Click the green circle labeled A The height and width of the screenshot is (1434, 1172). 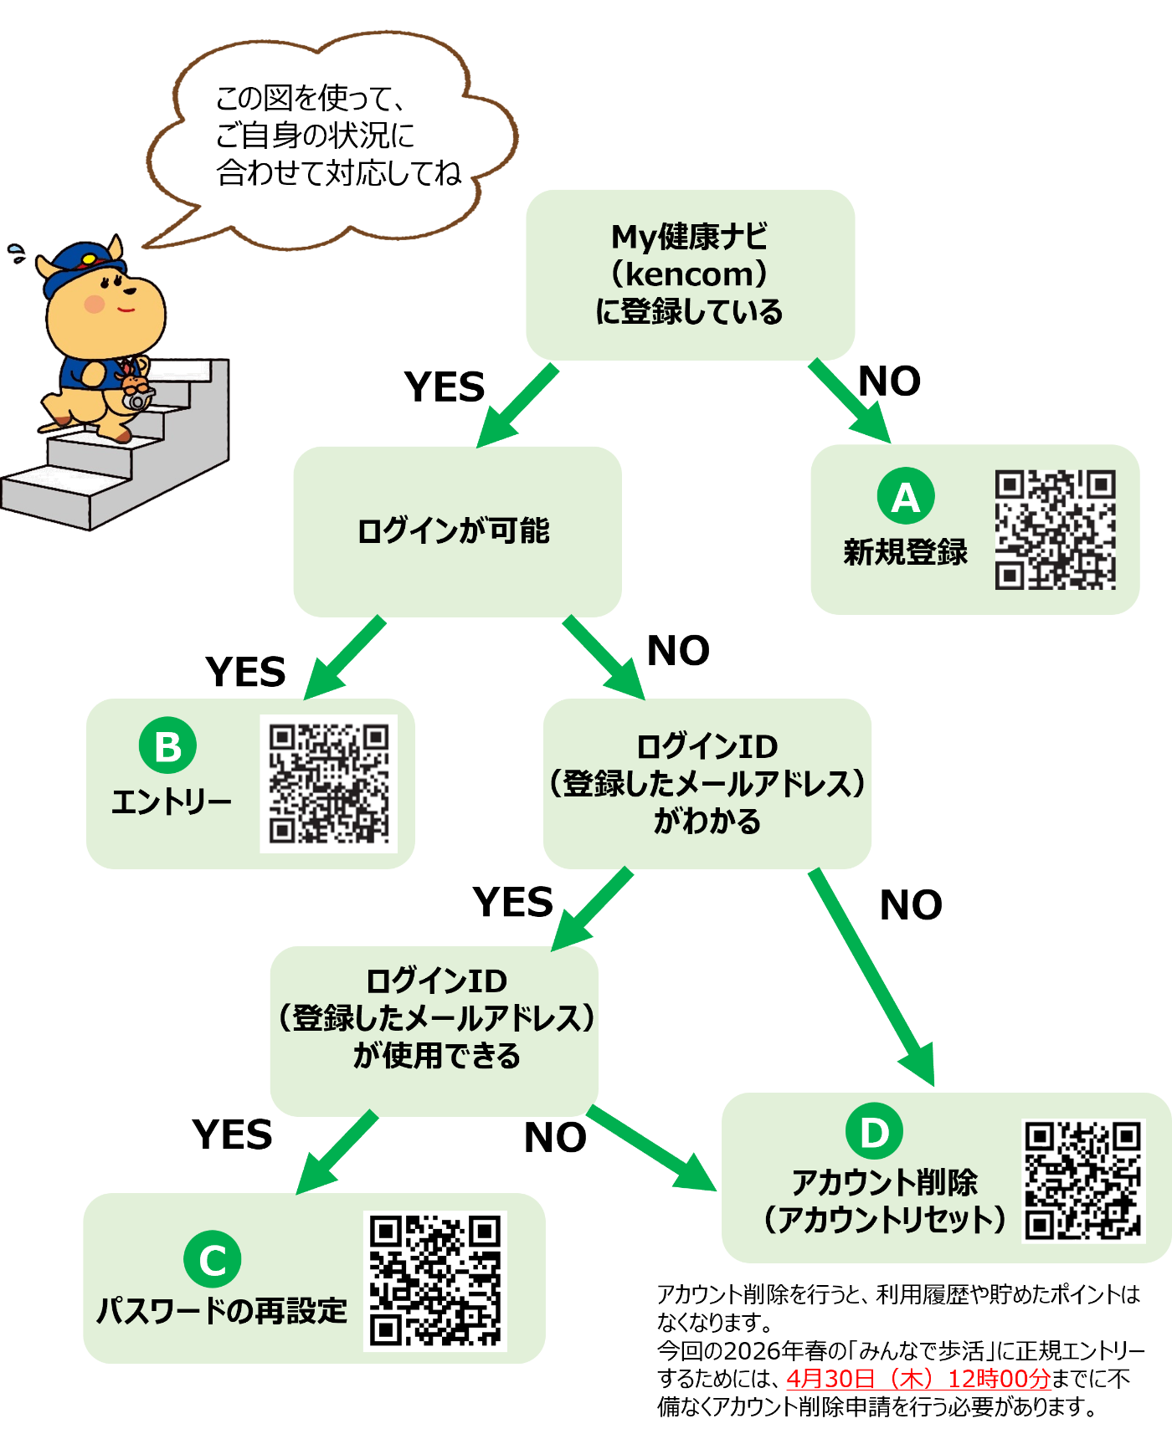(906, 496)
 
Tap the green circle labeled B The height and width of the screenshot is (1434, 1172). (167, 745)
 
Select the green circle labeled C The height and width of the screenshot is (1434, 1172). (213, 1259)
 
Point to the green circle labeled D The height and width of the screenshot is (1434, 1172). (874, 1132)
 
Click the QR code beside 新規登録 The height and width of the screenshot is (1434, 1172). (1055, 530)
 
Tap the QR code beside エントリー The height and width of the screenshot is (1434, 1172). (328, 783)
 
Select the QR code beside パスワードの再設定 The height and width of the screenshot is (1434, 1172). (435, 1280)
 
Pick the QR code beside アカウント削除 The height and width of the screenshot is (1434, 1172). (1083, 1180)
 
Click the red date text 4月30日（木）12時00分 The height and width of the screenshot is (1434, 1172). (918, 1378)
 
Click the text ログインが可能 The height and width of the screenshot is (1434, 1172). (454, 531)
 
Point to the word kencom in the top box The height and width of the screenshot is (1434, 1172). (691, 274)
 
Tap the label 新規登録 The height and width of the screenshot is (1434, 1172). (905, 552)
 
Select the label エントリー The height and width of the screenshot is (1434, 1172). (172, 802)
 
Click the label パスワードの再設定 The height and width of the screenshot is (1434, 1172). (222, 1310)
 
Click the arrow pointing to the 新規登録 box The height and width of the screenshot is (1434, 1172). (850, 402)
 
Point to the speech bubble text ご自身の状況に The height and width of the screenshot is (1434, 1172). (315, 136)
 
